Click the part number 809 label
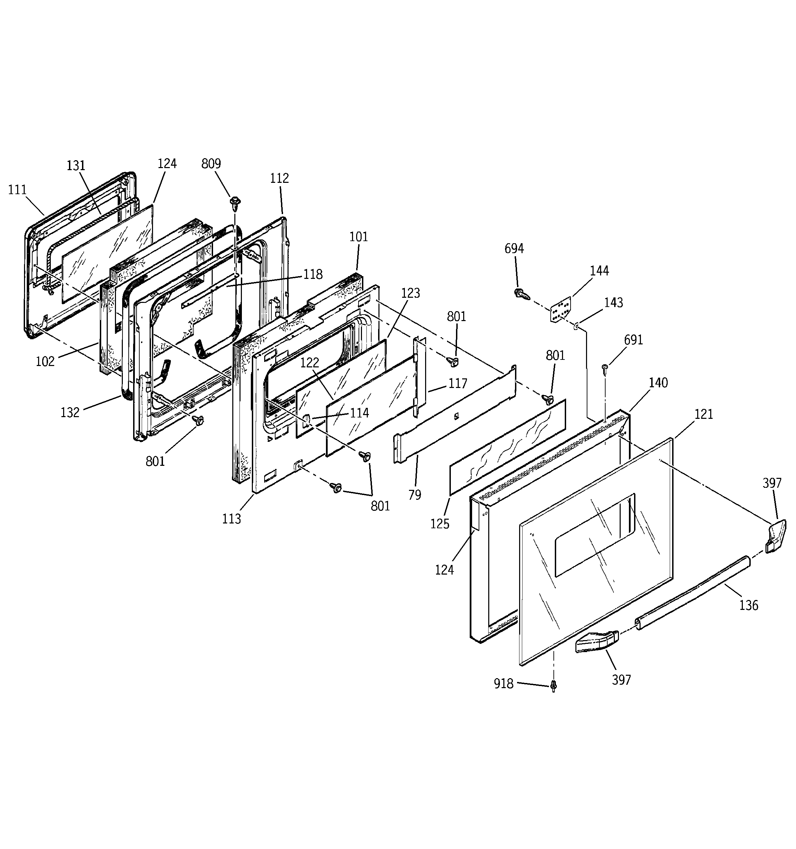[211, 164]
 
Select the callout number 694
[514, 248]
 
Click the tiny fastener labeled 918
[554, 685]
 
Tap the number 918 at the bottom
[503, 684]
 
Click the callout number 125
[440, 523]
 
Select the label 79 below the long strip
[414, 495]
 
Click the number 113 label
[232, 519]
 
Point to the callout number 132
[70, 412]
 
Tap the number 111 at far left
[17, 190]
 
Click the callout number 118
[313, 274]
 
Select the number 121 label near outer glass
[704, 414]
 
